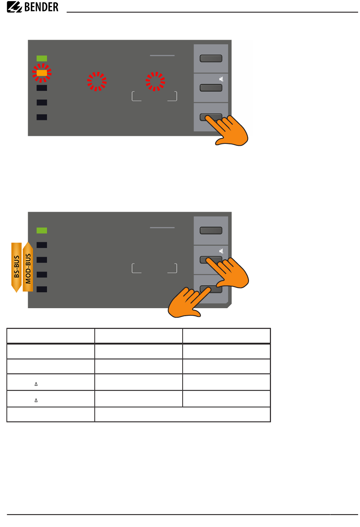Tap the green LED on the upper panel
click(42, 58)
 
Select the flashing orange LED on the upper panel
click(42, 73)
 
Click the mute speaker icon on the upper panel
click(221, 79)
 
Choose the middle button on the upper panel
click(211, 88)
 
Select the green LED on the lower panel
click(42, 230)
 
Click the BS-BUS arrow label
click(16, 268)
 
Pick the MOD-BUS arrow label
click(28, 267)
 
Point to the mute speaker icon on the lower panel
click(221, 251)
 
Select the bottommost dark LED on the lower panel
click(42, 289)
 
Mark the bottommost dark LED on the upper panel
click(42, 117)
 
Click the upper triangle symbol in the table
click(36, 384)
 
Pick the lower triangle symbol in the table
click(36, 400)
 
